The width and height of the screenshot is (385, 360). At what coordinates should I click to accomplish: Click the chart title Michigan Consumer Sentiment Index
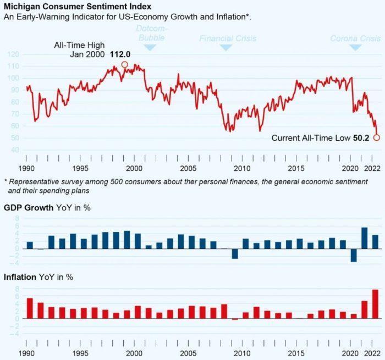click(78, 6)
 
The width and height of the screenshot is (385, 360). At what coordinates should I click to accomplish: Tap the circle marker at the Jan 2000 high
click(124, 65)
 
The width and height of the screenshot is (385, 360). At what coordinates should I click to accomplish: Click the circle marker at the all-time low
click(376, 137)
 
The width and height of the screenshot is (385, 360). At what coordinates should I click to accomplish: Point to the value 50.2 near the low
click(361, 138)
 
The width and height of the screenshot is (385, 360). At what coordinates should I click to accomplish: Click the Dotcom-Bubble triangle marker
click(150, 48)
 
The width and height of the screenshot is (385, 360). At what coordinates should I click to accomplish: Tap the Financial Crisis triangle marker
click(226, 48)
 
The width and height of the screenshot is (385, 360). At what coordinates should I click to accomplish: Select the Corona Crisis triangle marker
click(355, 48)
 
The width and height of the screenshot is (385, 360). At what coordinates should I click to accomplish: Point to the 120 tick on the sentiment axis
click(14, 54)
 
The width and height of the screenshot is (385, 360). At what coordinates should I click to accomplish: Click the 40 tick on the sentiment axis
click(15, 150)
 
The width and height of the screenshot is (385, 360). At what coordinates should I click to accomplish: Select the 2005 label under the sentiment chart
click(188, 168)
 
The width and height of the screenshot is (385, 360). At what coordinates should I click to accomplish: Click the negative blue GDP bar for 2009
click(235, 253)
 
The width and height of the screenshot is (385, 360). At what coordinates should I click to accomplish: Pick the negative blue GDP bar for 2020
click(354, 255)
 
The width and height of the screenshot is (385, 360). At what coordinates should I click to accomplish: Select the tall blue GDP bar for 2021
click(364, 237)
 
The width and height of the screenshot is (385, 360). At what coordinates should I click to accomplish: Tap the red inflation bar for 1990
click(30, 308)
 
